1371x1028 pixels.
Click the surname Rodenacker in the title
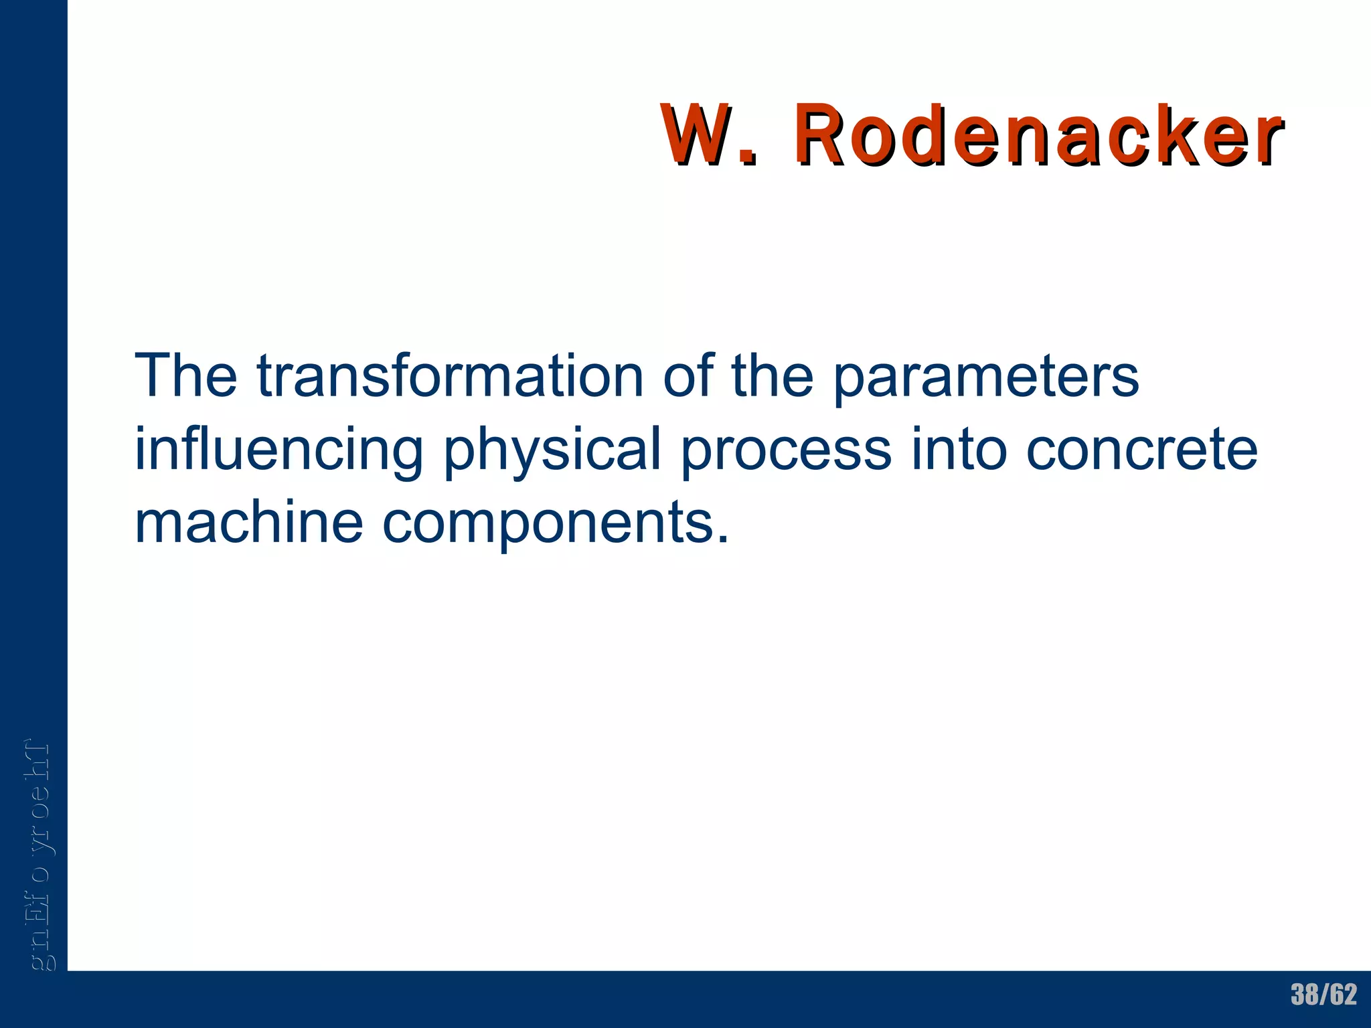coord(1038,135)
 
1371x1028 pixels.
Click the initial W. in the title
coord(710,135)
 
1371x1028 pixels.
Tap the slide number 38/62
coord(1323,995)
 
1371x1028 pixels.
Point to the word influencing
coord(278,450)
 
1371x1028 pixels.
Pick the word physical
coord(553,450)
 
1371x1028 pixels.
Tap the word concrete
coord(1141,450)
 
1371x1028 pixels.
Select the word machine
coord(248,523)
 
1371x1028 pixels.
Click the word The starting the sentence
coord(185,376)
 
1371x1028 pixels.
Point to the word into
coord(959,449)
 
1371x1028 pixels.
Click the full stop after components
coord(722,539)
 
